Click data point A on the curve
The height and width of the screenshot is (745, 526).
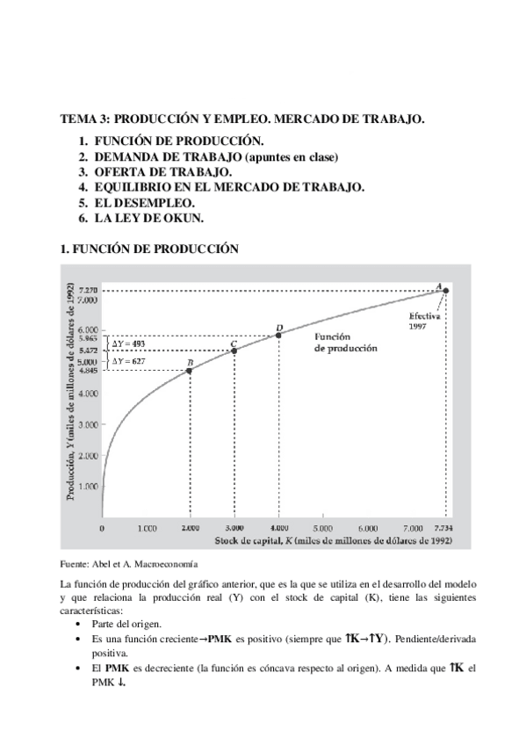click(445, 291)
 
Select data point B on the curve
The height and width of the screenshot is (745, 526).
click(190, 371)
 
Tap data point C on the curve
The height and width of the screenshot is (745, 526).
click(234, 351)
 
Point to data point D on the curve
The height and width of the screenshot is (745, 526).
click(278, 335)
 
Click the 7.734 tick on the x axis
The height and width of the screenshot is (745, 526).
click(444, 530)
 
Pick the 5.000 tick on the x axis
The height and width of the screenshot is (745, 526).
click(321, 530)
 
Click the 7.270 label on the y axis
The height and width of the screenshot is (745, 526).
click(87, 291)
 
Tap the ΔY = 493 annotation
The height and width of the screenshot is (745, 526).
click(130, 343)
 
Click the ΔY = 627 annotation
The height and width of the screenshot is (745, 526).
click(130, 361)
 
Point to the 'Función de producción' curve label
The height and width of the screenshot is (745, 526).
click(346, 342)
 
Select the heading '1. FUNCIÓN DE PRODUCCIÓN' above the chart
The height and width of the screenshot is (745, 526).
click(148, 249)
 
